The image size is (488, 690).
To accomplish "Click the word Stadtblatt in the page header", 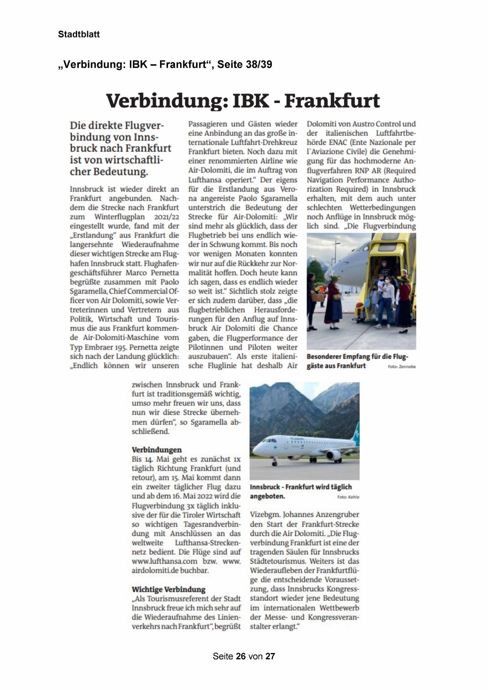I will point(79,34).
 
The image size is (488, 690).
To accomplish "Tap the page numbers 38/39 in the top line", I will point(258,65).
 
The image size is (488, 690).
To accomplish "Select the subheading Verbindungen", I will point(157,450).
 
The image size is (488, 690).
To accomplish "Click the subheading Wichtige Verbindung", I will point(168,589).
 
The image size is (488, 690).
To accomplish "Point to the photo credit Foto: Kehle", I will point(348,497).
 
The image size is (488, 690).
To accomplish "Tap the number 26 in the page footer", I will point(241,656).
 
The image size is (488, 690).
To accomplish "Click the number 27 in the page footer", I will point(270,656).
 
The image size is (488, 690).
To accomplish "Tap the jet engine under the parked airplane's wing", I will point(333,455).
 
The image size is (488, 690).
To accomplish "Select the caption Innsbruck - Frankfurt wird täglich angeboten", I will point(300,491).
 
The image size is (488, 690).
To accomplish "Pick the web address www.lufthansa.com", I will point(164,561).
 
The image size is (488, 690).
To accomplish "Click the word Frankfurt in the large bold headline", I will point(332,101).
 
